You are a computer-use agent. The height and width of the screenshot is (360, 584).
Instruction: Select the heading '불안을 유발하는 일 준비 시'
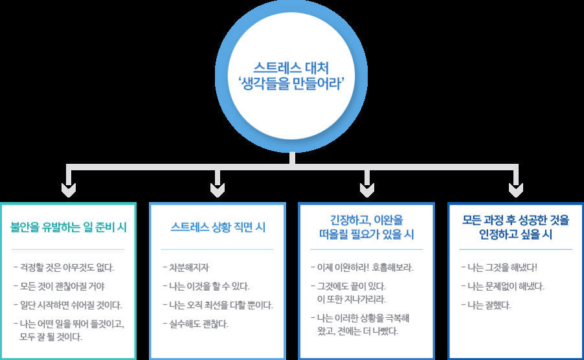coord(68,227)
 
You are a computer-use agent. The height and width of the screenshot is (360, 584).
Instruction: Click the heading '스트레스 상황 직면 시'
coord(218,227)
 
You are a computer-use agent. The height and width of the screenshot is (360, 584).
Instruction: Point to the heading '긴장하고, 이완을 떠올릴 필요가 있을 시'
coord(366,227)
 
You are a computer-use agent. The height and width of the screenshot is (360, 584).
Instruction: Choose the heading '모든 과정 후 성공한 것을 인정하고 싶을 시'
coord(516,227)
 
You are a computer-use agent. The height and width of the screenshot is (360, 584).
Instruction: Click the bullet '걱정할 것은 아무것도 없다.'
coord(67,267)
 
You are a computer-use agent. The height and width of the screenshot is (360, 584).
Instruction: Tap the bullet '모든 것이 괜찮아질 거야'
coord(63,286)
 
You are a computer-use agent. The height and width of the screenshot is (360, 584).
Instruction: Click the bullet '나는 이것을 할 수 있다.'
coord(208,286)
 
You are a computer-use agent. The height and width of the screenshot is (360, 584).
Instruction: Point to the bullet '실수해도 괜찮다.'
coord(198,323)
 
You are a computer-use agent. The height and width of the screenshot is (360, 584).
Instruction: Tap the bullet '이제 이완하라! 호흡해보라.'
coord(364,267)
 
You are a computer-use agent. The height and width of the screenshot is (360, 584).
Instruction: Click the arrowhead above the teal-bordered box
coord(68,189)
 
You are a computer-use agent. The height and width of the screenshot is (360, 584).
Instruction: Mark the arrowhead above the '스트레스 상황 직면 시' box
coord(218,189)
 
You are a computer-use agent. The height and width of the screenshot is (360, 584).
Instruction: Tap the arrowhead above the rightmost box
coord(515,189)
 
